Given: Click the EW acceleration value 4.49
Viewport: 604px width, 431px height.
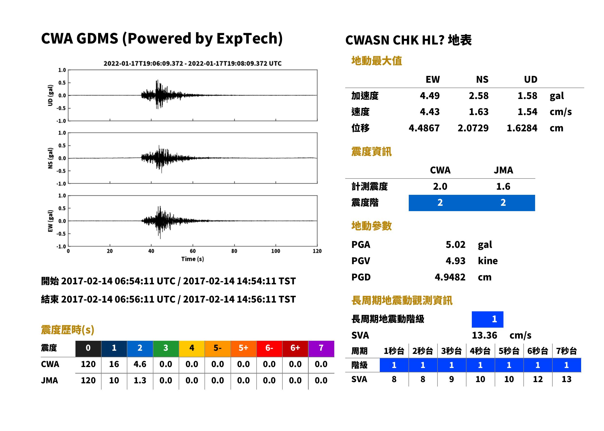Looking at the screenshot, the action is [429, 96].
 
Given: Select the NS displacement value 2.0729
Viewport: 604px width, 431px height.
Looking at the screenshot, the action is [473, 128].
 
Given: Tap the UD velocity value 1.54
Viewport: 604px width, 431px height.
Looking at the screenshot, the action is [527, 112].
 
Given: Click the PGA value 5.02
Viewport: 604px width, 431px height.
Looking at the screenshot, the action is [455, 244].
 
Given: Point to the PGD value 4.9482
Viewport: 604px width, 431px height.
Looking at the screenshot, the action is [450, 277].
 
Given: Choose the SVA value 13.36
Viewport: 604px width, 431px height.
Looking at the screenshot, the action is [484, 335].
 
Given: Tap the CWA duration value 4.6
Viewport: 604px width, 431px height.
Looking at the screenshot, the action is [140, 364].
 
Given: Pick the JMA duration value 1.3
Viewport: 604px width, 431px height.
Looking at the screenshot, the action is [140, 380].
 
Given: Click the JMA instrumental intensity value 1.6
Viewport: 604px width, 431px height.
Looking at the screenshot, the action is [503, 186].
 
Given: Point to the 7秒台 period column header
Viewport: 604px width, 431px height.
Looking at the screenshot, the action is [566, 351].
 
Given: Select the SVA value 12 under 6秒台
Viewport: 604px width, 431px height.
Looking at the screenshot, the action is [538, 379].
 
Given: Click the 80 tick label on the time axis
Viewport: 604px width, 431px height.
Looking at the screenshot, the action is [234, 251].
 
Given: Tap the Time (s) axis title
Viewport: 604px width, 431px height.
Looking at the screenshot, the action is [193, 259].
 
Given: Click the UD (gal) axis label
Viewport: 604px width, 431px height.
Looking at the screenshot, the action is [50, 95].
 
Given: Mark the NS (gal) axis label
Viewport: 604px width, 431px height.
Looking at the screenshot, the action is [50, 158].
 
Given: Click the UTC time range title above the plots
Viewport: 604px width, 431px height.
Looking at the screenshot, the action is [193, 63].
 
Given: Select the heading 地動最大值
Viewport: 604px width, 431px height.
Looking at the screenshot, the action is [377, 61].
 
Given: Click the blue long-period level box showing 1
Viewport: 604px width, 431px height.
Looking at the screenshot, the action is [487, 319].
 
